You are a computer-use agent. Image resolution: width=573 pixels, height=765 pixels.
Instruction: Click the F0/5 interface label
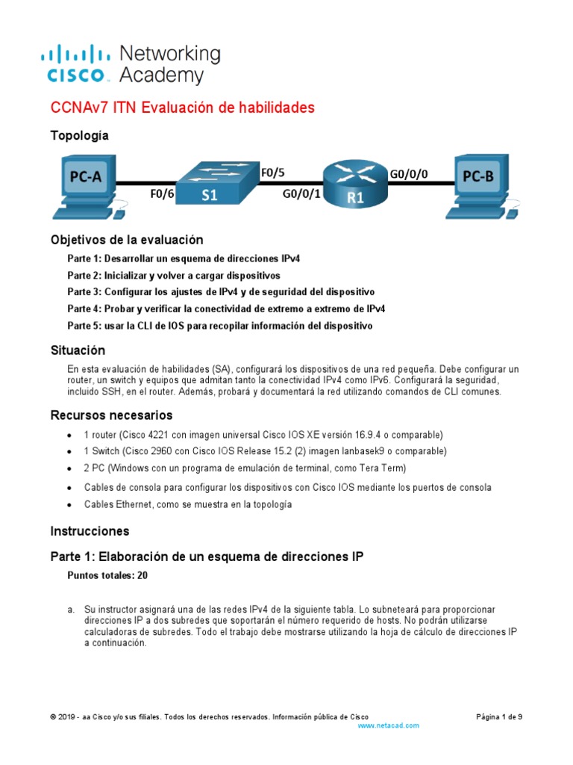click(272, 173)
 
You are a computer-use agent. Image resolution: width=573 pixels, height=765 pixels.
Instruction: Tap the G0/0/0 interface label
click(409, 173)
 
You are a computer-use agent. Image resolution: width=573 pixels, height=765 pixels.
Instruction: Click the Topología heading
click(79, 135)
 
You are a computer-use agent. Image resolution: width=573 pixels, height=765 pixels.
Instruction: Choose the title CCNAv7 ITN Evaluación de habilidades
click(182, 108)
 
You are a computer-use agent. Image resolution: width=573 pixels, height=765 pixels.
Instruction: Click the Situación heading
click(78, 350)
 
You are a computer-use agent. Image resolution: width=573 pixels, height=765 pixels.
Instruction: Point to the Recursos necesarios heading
click(111, 415)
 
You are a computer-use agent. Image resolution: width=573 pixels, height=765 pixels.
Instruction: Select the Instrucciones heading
click(90, 531)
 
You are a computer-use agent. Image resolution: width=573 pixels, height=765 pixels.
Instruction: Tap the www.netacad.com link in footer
click(389, 725)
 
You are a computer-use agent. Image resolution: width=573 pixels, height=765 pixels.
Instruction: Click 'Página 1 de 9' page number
click(499, 716)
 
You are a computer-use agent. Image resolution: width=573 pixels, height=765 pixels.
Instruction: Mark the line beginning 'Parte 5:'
click(219, 326)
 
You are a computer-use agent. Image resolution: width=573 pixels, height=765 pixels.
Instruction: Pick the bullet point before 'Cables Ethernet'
click(69, 505)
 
